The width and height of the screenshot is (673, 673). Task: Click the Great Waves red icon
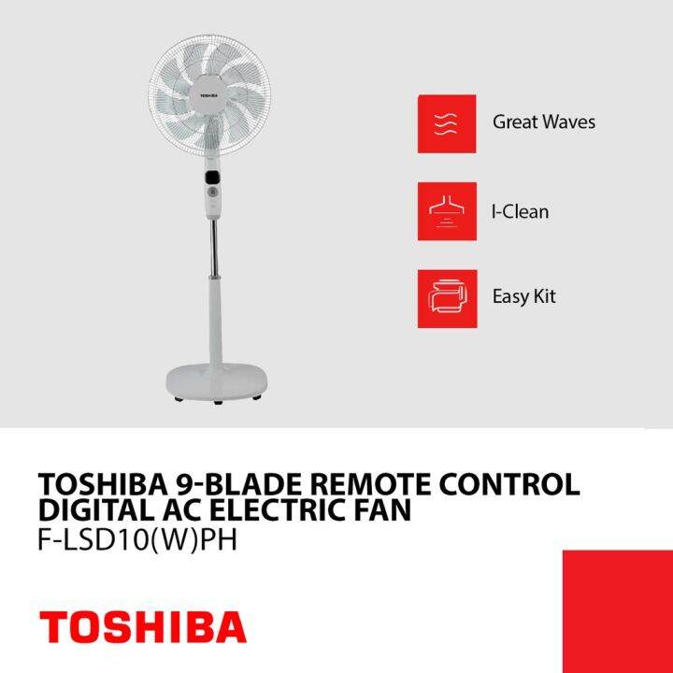point(447,123)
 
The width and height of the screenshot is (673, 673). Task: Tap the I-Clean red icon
point(447,211)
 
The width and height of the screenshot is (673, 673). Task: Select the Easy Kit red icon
point(447,298)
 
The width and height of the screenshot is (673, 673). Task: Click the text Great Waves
point(543,122)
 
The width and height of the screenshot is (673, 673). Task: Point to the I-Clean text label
point(520,211)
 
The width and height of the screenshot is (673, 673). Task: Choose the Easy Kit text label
point(524,297)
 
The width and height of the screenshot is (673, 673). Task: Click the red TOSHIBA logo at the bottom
point(142,626)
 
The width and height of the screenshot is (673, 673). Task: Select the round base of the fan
point(216,379)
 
